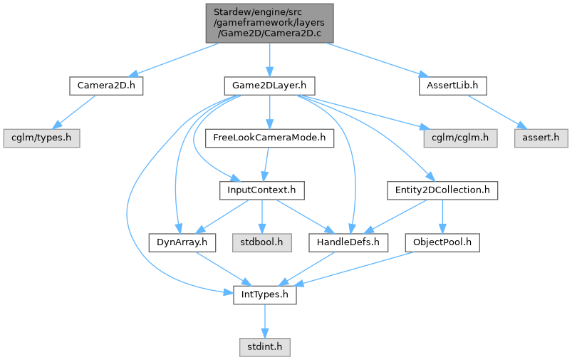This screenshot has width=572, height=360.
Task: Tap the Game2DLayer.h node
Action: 269,86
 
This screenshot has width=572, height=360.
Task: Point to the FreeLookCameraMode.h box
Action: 269,138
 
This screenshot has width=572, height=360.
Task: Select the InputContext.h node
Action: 262,190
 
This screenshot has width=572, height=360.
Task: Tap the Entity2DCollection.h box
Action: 442,190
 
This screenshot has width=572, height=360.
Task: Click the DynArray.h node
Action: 182,242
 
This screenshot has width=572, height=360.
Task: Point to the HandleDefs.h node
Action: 348,242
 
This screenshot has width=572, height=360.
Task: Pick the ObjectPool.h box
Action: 442,242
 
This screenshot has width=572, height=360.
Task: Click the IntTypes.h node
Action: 264,294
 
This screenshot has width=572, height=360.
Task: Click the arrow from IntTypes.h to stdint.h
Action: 264,320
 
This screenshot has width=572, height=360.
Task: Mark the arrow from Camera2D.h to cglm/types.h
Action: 73,112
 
